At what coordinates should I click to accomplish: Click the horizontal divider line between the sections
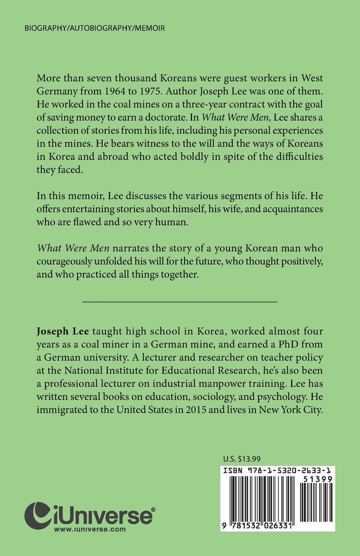click(x=180, y=302)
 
